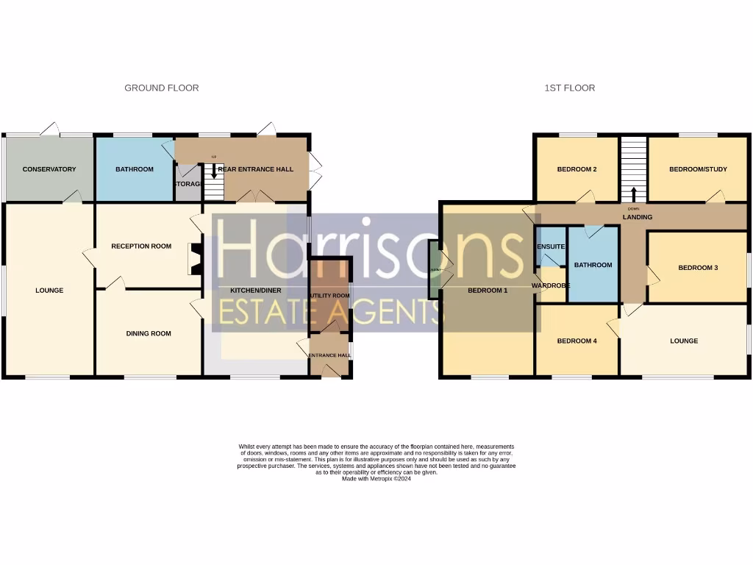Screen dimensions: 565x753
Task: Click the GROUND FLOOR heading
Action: tap(161, 88)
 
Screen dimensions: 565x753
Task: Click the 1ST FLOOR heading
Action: tap(569, 88)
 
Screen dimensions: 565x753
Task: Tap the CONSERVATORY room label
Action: tap(49, 169)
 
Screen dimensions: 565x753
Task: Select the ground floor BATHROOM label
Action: tap(135, 169)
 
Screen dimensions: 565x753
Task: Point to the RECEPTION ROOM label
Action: tap(141, 246)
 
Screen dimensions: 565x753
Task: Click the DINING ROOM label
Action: tap(149, 333)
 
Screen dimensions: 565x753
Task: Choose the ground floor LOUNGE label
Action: tap(49, 291)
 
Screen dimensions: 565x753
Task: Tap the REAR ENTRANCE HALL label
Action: tap(256, 169)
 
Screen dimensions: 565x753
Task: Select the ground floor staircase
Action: tap(213, 182)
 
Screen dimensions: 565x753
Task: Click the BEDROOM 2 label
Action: tap(577, 169)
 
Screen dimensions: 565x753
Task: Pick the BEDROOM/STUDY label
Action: tap(698, 169)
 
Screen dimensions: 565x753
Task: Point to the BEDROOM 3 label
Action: tap(698, 268)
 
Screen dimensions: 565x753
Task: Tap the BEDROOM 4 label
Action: tap(577, 341)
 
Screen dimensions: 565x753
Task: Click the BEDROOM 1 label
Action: tap(488, 291)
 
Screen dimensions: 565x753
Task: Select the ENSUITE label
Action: tap(551, 246)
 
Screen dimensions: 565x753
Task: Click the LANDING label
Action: tap(638, 217)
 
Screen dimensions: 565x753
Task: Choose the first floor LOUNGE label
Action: tap(684, 341)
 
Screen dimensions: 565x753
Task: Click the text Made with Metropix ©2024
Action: tap(376, 478)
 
